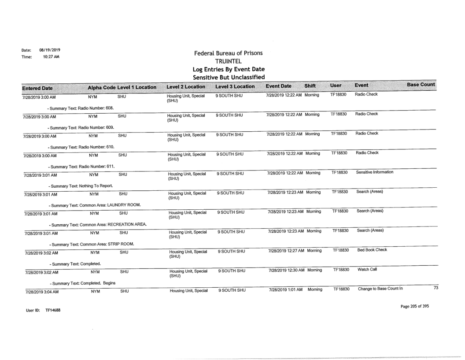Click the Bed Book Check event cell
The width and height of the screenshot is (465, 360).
pos(372,250)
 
